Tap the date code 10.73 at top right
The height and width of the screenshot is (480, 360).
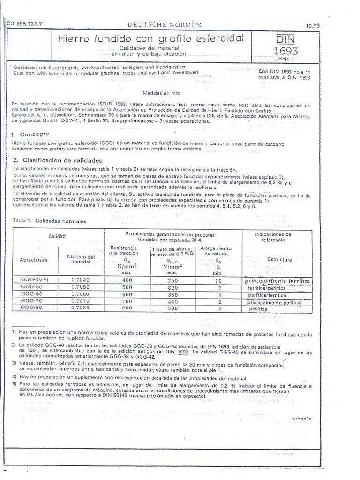312,26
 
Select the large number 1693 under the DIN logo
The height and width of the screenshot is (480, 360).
285,51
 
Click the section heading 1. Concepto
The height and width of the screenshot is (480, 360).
30,135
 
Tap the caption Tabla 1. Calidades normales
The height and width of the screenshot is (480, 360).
49,221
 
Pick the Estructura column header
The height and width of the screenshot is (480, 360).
279,259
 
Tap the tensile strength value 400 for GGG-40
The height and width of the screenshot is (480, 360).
127,280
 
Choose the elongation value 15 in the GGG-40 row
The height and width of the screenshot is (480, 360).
218,280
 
